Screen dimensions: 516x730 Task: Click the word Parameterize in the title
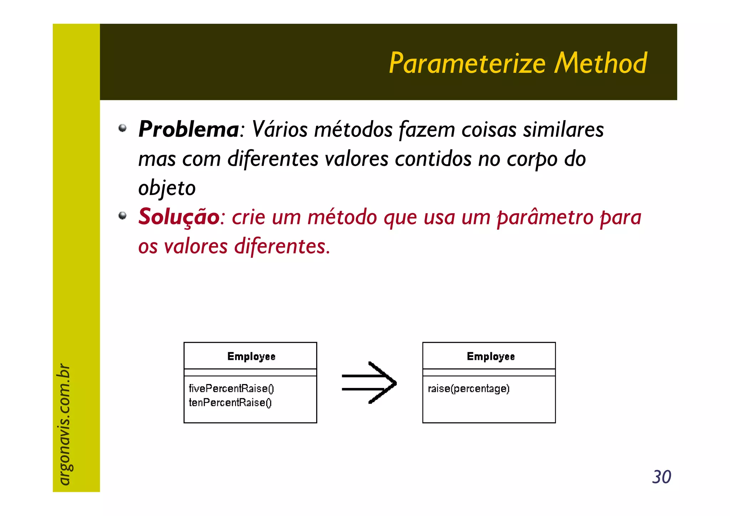tap(467, 63)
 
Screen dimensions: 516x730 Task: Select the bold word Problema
tap(188, 129)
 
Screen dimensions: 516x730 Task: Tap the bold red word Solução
tap(179, 217)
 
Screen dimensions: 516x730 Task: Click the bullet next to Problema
tap(122, 128)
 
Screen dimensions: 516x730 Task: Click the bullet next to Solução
tap(122, 215)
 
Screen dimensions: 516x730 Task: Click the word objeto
tap(167, 188)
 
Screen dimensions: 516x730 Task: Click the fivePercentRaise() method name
tap(231, 388)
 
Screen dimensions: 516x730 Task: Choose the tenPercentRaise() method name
tap(230, 403)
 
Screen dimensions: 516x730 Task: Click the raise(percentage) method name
tap(468, 388)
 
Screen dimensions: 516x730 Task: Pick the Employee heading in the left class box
tap(251, 356)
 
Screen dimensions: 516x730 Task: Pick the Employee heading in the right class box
tap(490, 356)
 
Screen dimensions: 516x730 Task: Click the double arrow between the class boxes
tap(369, 383)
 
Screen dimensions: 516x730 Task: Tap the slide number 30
tap(661, 477)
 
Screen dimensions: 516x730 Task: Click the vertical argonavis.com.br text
tap(64, 424)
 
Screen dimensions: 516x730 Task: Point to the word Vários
tap(279, 129)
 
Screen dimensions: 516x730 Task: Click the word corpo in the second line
tap(532, 159)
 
